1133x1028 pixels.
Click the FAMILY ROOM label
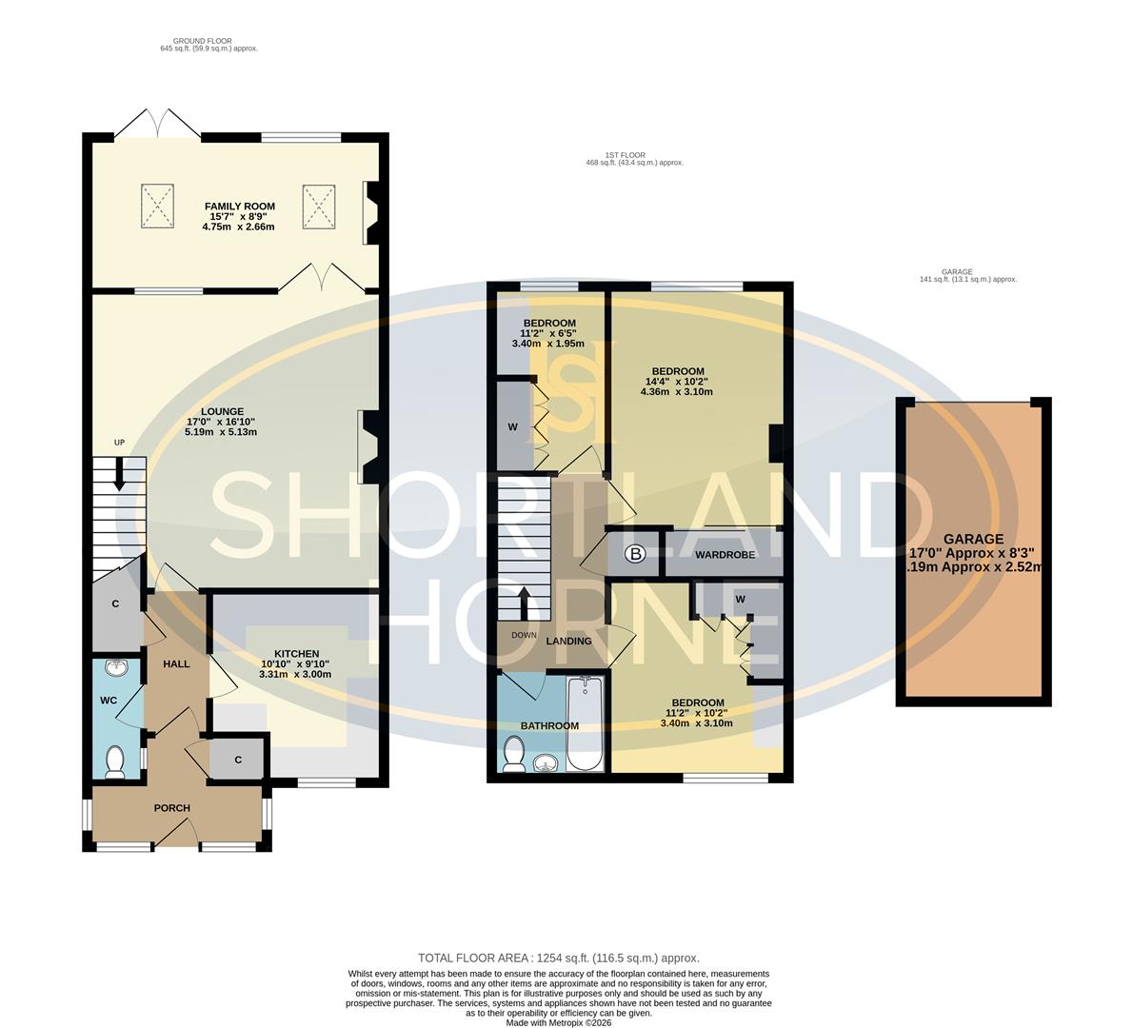click(x=239, y=206)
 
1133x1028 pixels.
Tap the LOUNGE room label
click(x=221, y=411)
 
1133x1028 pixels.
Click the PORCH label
click(x=172, y=808)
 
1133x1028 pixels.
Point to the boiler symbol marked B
click(x=634, y=553)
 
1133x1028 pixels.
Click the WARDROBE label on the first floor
click(x=725, y=554)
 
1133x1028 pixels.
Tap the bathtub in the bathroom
click(x=585, y=723)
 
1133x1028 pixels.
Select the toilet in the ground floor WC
click(x=115, y=761)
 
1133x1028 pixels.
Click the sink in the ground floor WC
click(x=117, y=668)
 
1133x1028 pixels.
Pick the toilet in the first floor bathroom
click(x=514, y=755)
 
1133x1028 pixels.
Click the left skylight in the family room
click(x=159, y=207)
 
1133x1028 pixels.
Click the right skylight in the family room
click(x=320, y=207)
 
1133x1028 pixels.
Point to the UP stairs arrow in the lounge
click(x=119, y=474)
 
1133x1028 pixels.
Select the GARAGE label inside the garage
click(x=972, y=539)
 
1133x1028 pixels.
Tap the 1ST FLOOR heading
click(x=625, y=155)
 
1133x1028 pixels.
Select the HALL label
click(x=176, y=663)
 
